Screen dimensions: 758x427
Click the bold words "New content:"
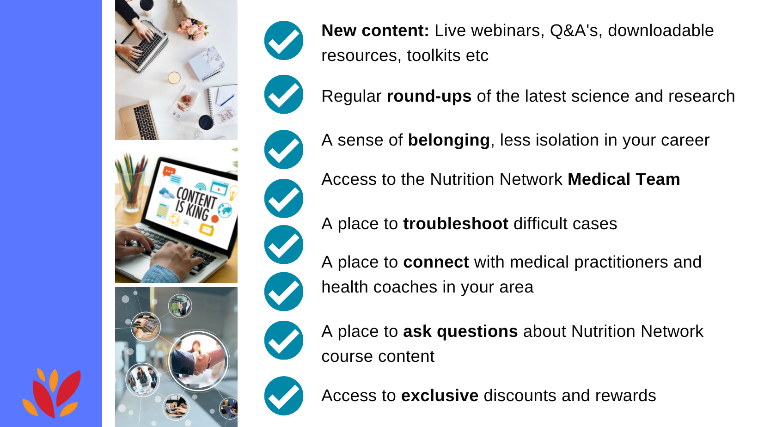(x=375, y=30)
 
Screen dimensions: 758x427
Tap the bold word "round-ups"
(x=429, y=97)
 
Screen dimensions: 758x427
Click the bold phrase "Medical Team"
(x=624, y=179)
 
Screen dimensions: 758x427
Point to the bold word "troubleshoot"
(x=455, y=224)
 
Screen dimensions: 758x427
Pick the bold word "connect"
(x=436, y=262)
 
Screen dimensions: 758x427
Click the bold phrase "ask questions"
(x=460, y=332)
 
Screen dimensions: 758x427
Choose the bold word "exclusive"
(x=440, y=396)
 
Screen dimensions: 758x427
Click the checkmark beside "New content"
(x=284, y=41)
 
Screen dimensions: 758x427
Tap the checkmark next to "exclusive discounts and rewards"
(x=284, y=396)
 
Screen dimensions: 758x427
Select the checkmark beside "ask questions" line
(x=284, y=340)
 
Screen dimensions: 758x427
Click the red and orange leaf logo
(x=51, y=392)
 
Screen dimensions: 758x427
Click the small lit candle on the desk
(x=174, y=78)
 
